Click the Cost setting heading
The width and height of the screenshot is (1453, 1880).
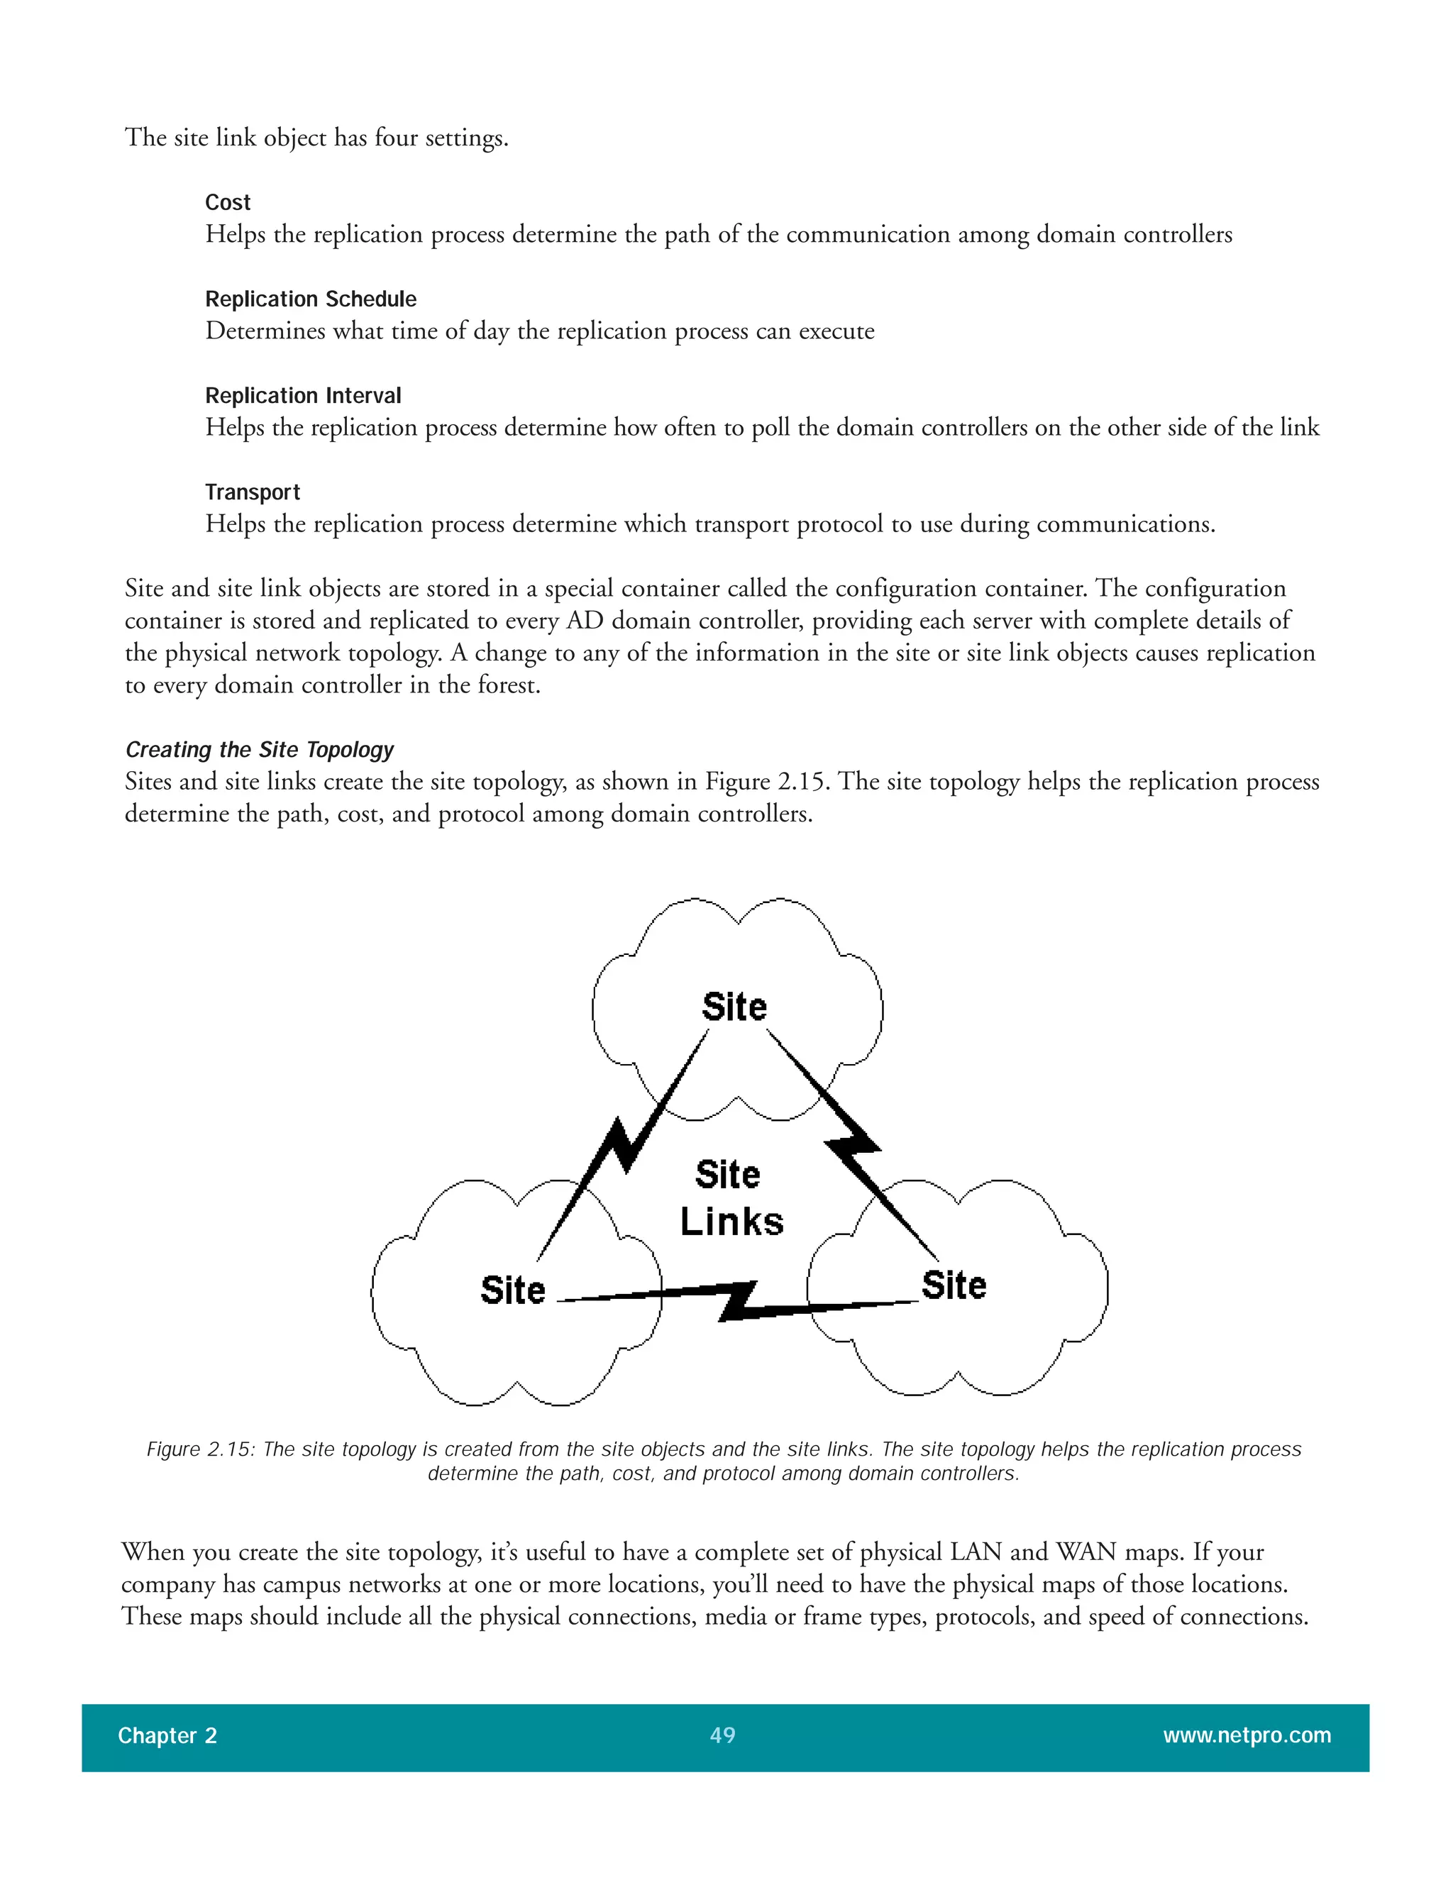227,202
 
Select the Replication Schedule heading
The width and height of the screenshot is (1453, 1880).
310,299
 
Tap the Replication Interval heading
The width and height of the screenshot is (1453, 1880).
303,395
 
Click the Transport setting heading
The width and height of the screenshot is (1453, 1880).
252,492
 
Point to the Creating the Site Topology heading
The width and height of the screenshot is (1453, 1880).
259,749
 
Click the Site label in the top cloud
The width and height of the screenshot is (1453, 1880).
734,1006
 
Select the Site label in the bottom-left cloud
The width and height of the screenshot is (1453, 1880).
512,1290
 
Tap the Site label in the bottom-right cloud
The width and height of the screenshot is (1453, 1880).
953,1285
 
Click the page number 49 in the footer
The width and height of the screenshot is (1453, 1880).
722,1735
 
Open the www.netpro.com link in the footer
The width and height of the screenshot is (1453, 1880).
1247,1735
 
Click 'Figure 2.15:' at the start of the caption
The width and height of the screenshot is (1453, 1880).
201,1449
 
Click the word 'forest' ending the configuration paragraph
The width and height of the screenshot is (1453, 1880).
513,685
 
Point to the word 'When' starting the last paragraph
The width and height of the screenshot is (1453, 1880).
153,1552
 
